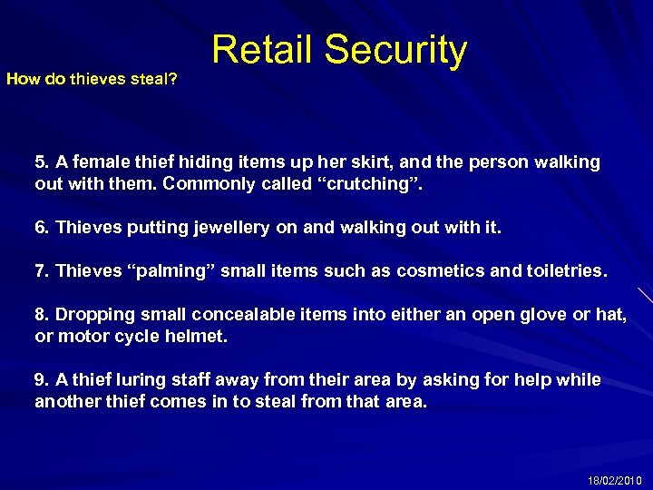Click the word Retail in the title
click(262, 52)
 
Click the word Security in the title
click(395, 52)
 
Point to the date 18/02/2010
click(615, 479)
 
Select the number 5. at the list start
click(43, 162)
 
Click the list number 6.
click(43, 227)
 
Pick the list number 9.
click(43, 379)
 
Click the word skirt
click(361, 162)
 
